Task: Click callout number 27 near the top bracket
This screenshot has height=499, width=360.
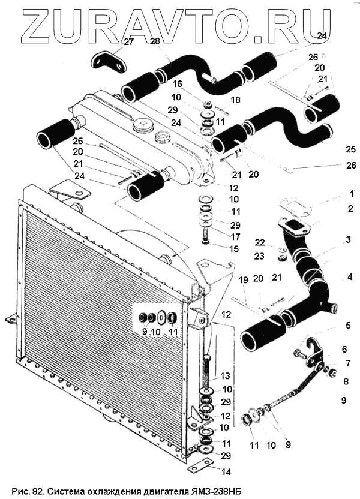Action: (x=129, y=42)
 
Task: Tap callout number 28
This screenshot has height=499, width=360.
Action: (x=155, y=41)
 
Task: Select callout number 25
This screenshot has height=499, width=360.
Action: (x=350, y=149)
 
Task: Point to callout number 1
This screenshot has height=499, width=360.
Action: (x=352, y=194)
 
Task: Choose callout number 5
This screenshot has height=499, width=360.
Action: (x=347, y=327)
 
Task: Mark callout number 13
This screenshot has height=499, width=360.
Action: (x=226, y=376)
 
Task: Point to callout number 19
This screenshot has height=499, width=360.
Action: (x=243, y=279)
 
